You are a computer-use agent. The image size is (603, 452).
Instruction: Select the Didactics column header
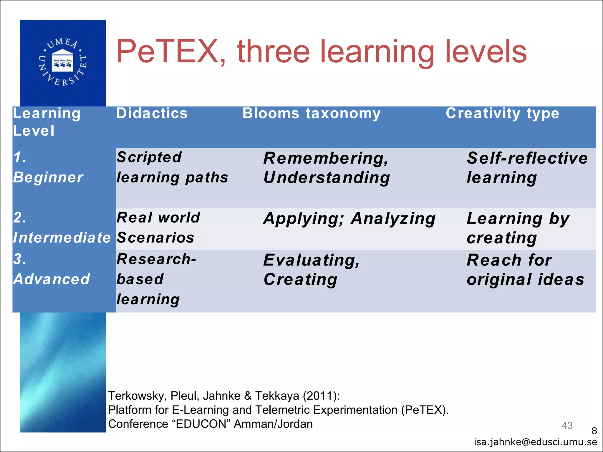152,113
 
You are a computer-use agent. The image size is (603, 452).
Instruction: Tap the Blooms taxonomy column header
311,113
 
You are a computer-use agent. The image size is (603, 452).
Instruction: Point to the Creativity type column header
502,113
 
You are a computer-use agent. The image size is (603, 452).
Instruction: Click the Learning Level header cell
47,122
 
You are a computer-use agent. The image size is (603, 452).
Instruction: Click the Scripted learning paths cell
172,167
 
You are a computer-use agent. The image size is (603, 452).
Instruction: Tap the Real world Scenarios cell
158,228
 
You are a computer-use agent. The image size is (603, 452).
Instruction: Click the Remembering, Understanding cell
327,168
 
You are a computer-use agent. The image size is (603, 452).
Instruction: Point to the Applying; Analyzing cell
349,219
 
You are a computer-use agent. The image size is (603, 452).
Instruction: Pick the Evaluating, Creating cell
312,270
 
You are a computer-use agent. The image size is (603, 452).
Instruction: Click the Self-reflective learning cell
527,168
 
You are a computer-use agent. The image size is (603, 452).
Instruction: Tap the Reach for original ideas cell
525,270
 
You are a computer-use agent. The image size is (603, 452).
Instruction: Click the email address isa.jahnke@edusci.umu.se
535,442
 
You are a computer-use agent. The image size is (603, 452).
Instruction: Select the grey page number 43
567,426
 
